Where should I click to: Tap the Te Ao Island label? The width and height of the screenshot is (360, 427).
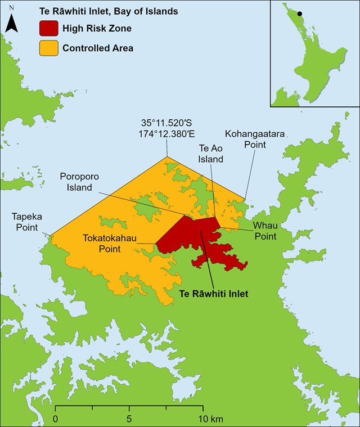211,154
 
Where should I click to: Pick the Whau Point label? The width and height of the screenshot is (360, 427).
264,231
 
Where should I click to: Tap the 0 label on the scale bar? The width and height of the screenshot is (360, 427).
55,419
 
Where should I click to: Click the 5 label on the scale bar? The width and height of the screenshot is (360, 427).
129,419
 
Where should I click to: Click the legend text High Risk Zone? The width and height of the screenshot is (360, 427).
97,28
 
